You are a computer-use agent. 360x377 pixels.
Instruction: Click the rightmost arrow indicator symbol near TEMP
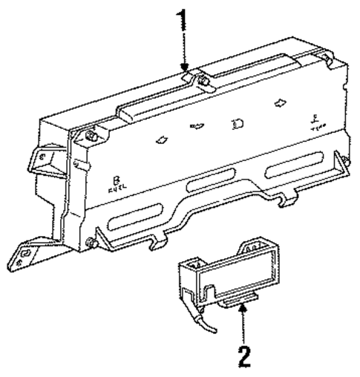(281, 105)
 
